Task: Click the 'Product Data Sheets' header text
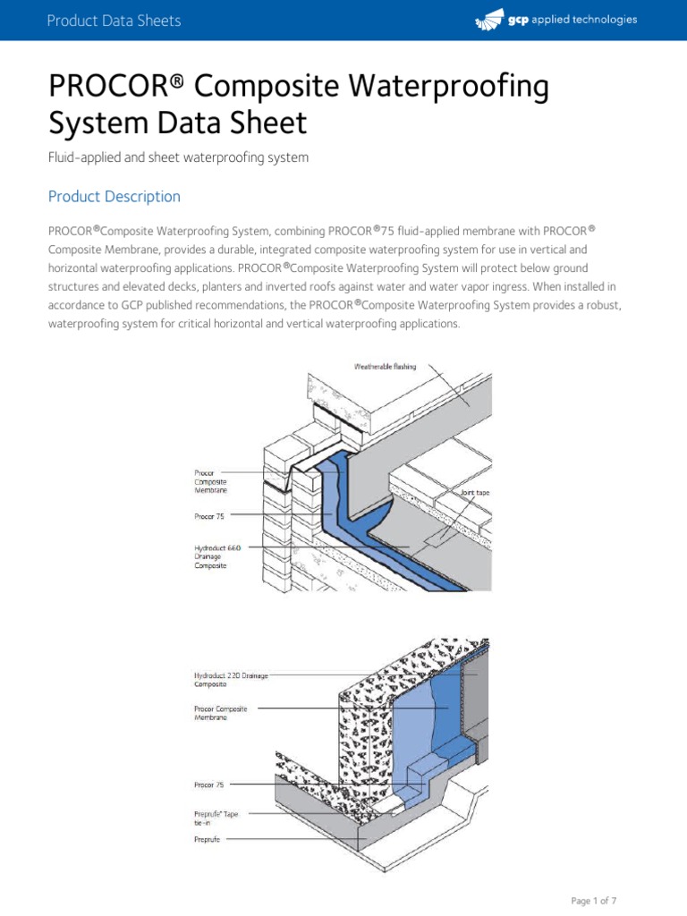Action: point(114,21)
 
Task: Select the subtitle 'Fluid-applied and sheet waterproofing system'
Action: point(178,157)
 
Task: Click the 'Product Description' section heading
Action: point(114,197)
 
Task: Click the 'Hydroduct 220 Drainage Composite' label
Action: point(229,679)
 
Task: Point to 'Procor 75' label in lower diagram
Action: point(209,785)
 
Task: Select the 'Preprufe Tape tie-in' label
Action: point(216,818)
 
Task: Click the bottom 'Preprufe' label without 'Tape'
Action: point(208,840)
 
